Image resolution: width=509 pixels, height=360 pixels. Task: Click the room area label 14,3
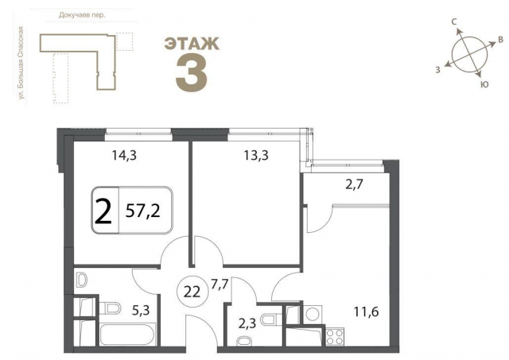(122, 156)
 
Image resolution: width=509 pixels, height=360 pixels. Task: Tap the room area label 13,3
(254, 156)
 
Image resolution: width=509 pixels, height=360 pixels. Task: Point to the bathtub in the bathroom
(118, 333)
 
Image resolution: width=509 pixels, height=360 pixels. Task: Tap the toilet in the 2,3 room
(271, 319)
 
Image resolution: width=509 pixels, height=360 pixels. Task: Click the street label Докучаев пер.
(83, 14)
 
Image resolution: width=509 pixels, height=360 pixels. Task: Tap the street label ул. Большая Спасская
(25, 63)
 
